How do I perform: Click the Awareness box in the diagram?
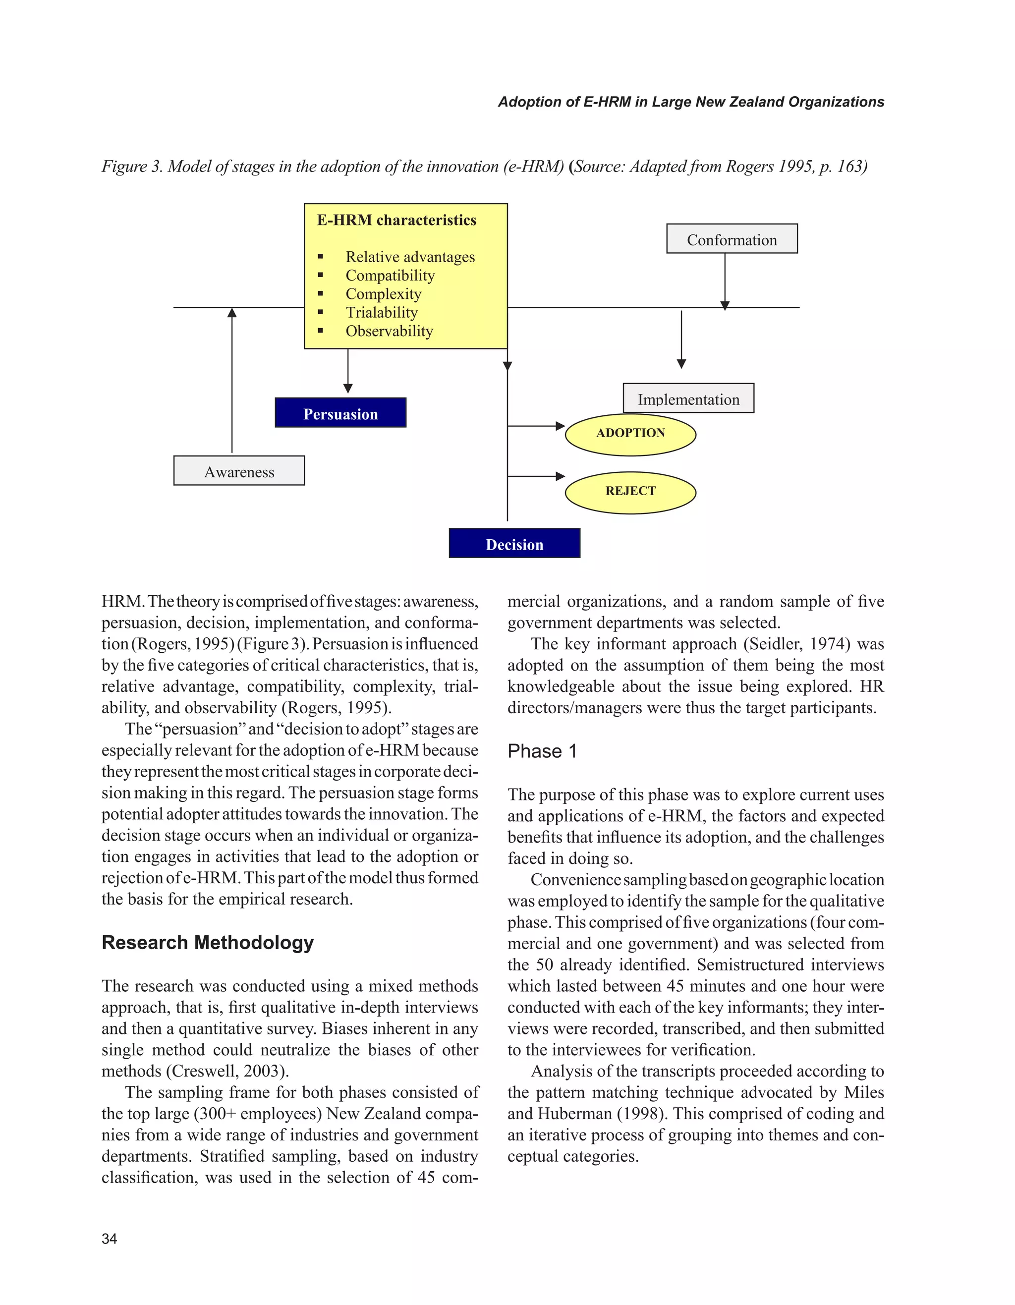[239, 471]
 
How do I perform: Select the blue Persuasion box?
[340, 413]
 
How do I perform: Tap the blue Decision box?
[514, 543]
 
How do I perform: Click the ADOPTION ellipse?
[630, 434]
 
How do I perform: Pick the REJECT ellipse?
[630, 492]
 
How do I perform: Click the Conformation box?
[732, 239]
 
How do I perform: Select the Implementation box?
[688, 398]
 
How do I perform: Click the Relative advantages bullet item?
[410, 257]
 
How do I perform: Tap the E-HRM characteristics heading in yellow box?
[396, 220]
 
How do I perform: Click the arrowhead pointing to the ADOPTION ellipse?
[561, 426]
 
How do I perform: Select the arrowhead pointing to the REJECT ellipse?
[561, 476]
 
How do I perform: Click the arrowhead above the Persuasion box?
[348, 389]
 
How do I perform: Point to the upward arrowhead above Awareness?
[232, 313]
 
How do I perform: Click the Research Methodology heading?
[207, 942]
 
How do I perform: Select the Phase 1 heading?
[542, 751]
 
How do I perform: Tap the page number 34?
[110, 1239]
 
